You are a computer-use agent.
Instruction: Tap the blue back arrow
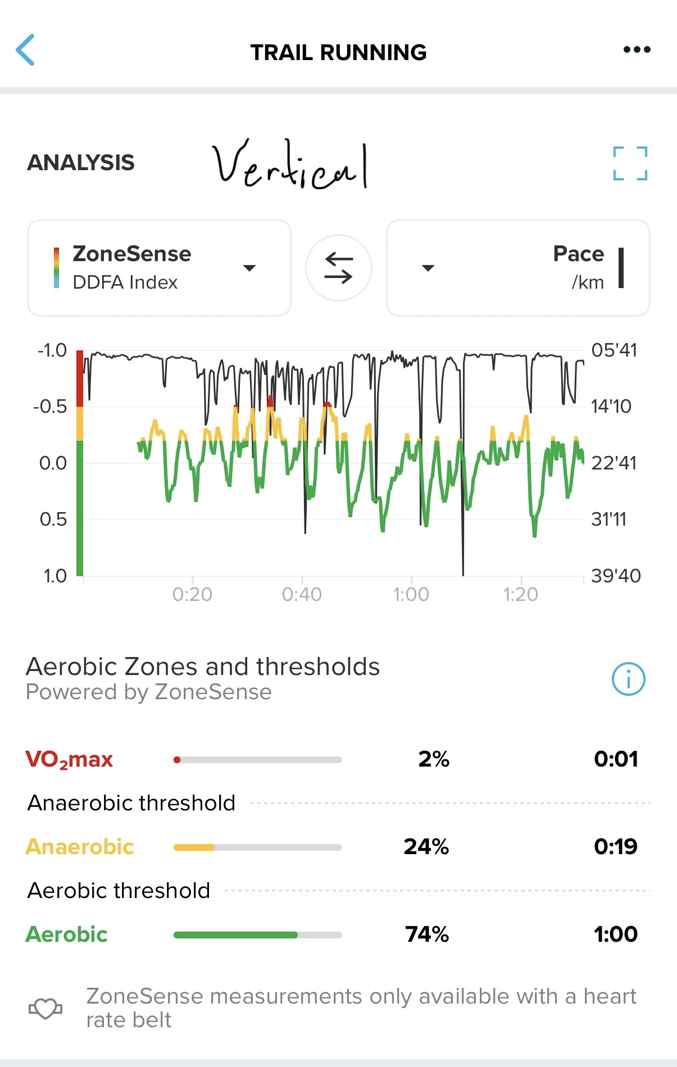(x=26, y=50)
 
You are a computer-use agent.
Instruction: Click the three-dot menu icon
(x=637, y=50)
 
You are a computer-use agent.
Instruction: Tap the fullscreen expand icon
(x=630, y=163)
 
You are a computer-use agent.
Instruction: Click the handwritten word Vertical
(x=290, y=165)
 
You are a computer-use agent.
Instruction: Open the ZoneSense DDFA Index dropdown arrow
(x=249, y=268)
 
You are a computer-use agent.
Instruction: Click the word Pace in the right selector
(x=578, y=254)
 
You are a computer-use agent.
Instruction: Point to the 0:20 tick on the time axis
(x=192, y=594)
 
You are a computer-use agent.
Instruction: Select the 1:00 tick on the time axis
(x=411, y=594)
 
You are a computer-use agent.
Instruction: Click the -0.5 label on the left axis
(x=50, y=406)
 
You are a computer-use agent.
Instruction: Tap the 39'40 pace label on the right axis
(x=616, y=576)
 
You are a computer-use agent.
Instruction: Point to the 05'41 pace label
(x=614, y=350)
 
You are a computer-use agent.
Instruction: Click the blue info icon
(x=628, y=679)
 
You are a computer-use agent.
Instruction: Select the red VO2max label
(x=69, y=759)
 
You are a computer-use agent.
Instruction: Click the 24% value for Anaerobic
(x=426, y=846)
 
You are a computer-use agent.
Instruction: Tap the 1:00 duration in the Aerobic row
(x=615, y=934)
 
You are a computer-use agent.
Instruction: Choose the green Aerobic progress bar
(x=236, y=935)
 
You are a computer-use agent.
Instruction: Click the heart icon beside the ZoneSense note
(x=46, y=1009)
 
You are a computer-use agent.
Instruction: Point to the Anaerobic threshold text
(x=131, y=803)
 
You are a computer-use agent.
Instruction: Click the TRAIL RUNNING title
(x=338, y=52)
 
